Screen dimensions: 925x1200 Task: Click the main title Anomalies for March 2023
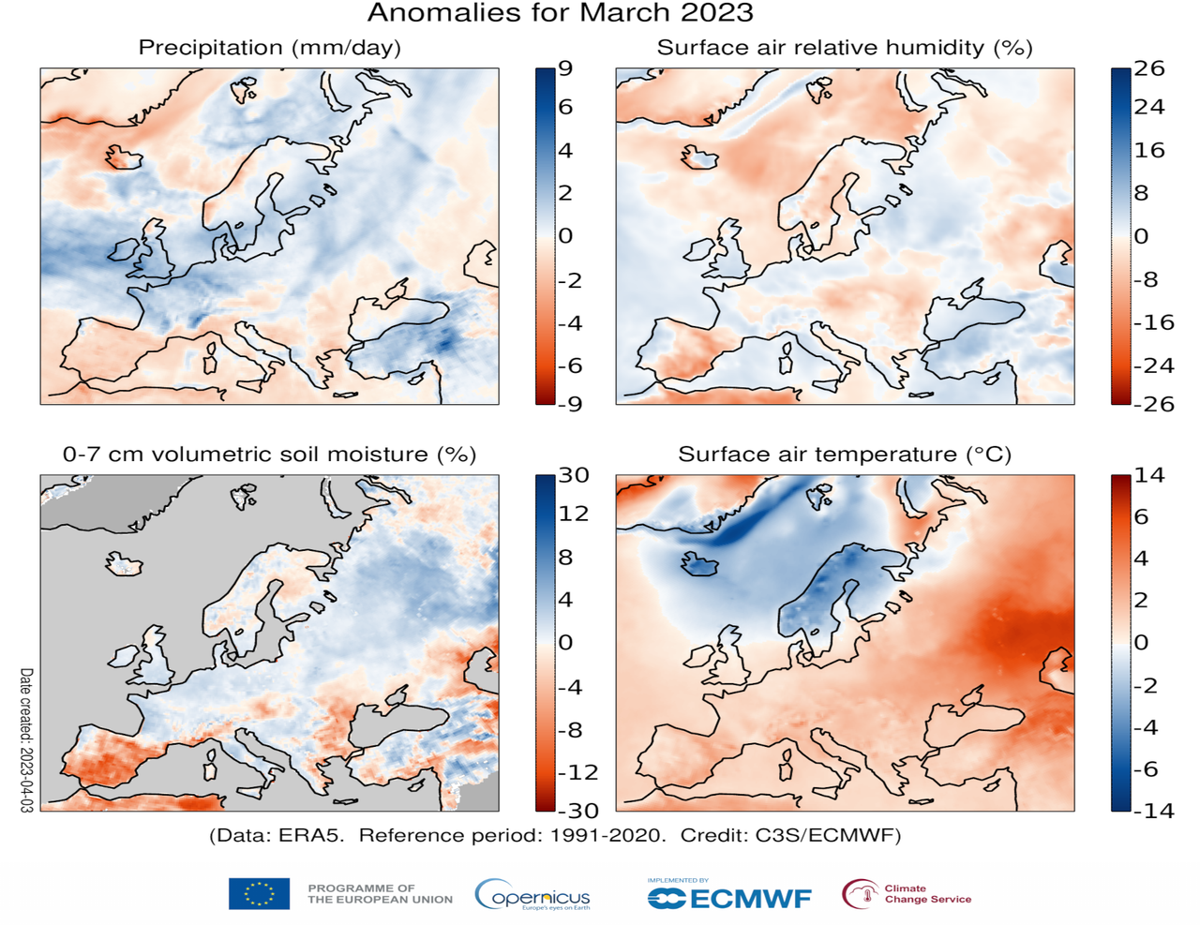coord(560,13)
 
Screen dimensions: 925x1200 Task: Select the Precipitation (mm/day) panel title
coord(269,48)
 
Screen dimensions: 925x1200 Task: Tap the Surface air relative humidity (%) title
coord(844,48)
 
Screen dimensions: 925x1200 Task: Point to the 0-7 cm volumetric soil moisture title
coord(269,455)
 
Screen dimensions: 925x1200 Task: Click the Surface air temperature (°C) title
coord(844,455)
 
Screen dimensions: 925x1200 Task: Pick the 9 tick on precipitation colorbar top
coord(565,68)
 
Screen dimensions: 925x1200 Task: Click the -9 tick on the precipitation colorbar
coord(569,404)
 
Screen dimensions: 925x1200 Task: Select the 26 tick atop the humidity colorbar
coord(1148,68)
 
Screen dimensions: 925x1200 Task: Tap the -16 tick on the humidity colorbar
coord(1153,322)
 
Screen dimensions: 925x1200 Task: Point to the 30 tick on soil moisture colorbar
coord(574,475)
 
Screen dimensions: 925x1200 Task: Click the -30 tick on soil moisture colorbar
coord(577,811)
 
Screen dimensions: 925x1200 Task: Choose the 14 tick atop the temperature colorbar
coord(1148,475)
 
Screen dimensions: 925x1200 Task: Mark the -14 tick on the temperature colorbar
coord(1153,811)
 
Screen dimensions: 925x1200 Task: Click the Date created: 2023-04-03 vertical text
coord(26,739)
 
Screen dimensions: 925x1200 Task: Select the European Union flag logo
coord(259,894)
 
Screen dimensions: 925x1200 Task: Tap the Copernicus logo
coord(532,895)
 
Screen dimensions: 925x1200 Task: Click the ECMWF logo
coord(729,897)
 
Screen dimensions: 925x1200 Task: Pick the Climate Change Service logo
coord(907,894)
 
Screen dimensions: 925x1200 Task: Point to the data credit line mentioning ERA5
coord(554,835)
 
